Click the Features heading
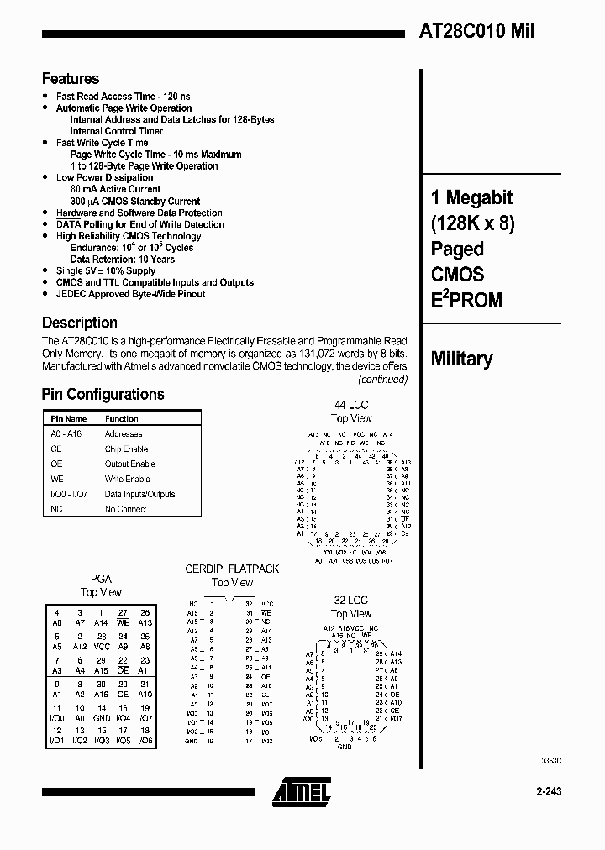[x=71, y=79]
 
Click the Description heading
[x=80, y=323]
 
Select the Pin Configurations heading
[x=103, y=394]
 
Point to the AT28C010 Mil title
[x=476, y=31]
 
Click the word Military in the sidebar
[x=461, y=359]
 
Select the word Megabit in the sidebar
[x=478, y=198]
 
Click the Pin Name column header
[x=68, y=418]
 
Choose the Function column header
[x=122, y=418]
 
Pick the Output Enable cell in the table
[x=129, y=464]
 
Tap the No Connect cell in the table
[x=125, y=509]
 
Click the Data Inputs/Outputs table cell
[x=139, y=494]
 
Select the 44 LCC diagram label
[x=351, y=405]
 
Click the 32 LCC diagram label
[x=350, y=601]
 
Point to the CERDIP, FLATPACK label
[x=232, y=569]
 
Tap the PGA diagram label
[x=101, y=579]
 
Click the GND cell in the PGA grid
[x=101, y=718]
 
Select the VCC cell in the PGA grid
[x=101, y=647]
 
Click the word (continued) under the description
[x=383, y=379]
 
